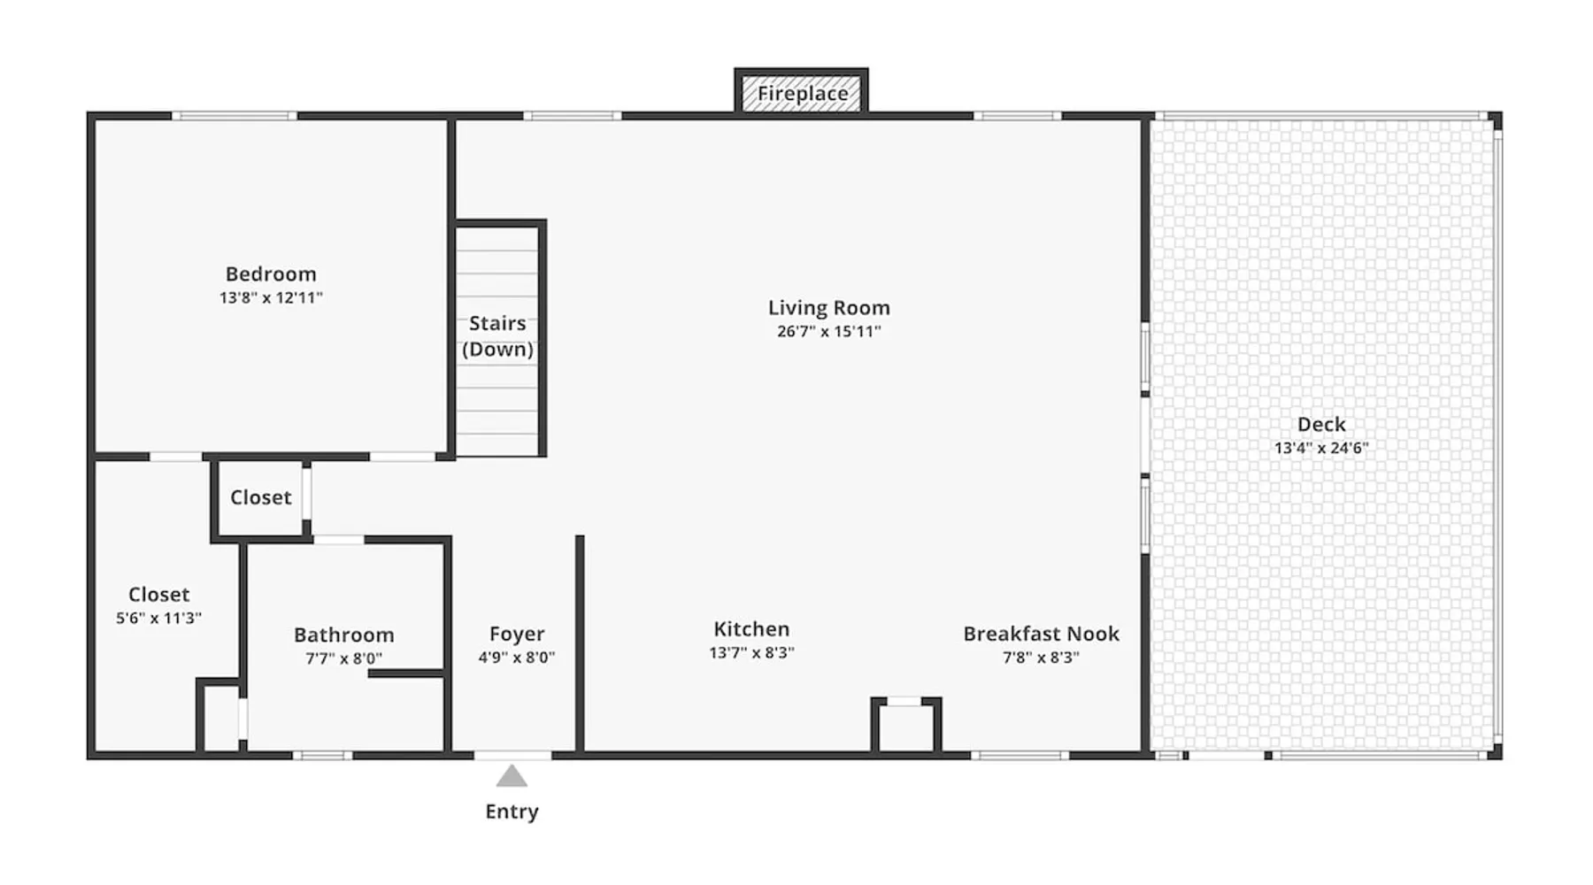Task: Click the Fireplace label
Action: (802, 93)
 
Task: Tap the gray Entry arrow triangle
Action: (512, 777)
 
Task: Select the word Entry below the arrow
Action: (512, 812)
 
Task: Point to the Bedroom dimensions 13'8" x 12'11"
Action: (271, 297)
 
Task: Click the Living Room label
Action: (828, 308)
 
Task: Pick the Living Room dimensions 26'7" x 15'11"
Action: (828, 332)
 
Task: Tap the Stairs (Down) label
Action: (497, 336)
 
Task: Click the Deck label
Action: (1321, 425)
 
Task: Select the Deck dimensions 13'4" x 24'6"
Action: (1321, 448)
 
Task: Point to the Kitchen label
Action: (751, 629)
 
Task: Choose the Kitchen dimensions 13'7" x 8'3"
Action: (751, 652)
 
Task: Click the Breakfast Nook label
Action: (1041, 634)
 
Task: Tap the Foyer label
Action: (517, 635)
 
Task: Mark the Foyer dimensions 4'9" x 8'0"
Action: (517, 658)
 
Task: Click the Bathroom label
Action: (344, 635)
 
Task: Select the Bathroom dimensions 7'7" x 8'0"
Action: (344, 658)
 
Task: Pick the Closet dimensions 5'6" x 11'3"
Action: (158, 618)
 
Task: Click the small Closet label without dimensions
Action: (260, 497)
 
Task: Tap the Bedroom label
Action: (271, 274)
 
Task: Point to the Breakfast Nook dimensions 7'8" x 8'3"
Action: (1041, 658)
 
